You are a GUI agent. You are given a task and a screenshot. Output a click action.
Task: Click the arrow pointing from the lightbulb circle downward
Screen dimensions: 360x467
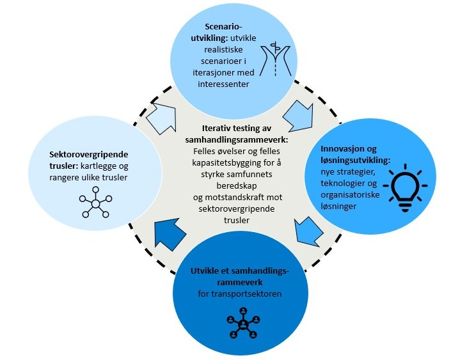(x=308, y=231)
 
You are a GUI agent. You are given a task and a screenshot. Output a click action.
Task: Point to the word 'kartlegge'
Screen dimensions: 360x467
(x=115, y=166)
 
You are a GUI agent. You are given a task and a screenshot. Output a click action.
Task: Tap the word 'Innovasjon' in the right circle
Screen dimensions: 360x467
(x=355, y=150)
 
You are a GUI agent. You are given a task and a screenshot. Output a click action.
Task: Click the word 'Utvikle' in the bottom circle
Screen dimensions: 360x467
(x=205, y=271)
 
